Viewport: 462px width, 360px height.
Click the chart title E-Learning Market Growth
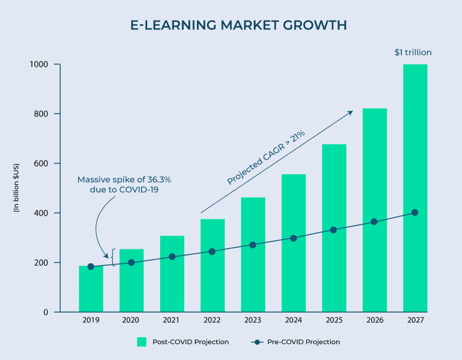[239, 25]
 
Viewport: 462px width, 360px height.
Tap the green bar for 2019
[91, 289]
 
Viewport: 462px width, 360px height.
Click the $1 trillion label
[413, 52]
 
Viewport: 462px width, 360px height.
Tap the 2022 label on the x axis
[212, 320]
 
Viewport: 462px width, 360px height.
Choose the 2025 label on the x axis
[333, 320]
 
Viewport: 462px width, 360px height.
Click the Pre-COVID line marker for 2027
[415, 212]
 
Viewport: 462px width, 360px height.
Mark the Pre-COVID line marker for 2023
[253, 245]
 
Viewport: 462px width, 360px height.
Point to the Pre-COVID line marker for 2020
[131, 263]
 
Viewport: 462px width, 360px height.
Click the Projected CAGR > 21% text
[266, 157]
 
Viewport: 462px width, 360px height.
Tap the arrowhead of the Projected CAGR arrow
[351, 112]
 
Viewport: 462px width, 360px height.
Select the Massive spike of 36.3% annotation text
[124, 185]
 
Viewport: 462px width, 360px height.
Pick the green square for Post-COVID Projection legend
[142, 342]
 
